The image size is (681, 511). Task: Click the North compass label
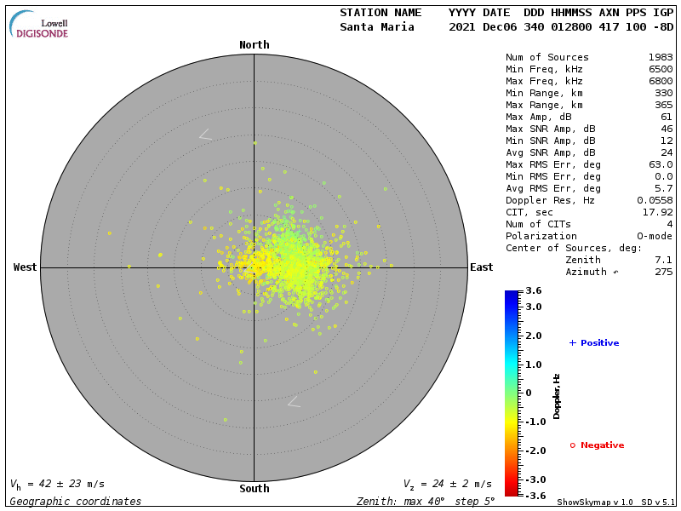(254, 45)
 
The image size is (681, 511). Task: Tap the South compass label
(254, 489)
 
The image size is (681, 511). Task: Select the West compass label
(26, 267)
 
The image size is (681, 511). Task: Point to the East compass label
(481, 267)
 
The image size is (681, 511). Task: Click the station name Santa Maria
(377, 27)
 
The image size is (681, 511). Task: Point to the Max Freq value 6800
(661, 82)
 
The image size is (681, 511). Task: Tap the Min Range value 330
(663, 94)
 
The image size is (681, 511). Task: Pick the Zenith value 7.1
(663, 260)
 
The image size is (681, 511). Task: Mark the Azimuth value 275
(663, 272)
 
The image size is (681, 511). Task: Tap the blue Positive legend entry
(595, 343)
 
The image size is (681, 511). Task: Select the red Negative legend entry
(598, 445)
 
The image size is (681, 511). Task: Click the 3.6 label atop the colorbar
(534, 291)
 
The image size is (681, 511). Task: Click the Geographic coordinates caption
(76, 502)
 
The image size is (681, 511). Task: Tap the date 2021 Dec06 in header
(479, 27)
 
